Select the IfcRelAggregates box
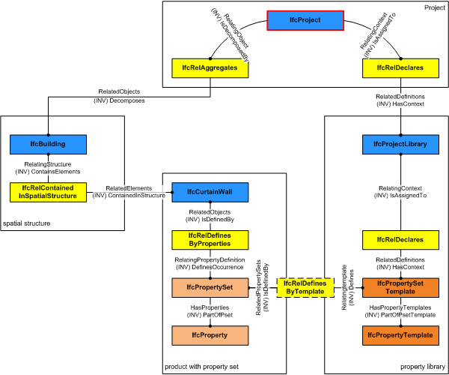click(210, 68)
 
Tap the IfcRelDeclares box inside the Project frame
click(400, 68)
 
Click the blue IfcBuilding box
click(48, 143)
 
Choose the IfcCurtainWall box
click(210, 193)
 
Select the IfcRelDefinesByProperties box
click(210, 240)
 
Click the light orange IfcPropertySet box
click(210, 287)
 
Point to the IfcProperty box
click(210, 335)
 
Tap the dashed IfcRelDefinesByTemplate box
click(305, 286)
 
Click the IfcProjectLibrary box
click(400, 143)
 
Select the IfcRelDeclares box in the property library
click(400, 240)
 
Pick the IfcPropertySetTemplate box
click(400, 287)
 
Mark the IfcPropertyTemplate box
click(400, 335)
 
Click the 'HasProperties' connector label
click(210, 307)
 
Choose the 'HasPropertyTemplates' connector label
click(400, 307)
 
